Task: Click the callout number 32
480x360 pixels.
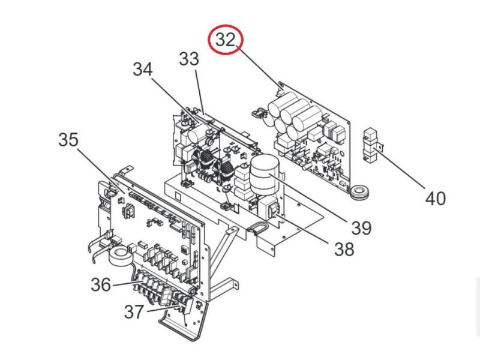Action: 225,40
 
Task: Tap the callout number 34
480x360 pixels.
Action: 143,70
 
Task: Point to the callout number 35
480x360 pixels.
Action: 68,140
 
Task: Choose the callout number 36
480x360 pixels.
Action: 101,284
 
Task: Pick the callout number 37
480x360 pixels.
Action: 134,311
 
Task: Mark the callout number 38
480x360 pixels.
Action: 344,248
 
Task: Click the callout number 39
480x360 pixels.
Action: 361,227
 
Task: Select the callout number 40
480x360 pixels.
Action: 436,197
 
